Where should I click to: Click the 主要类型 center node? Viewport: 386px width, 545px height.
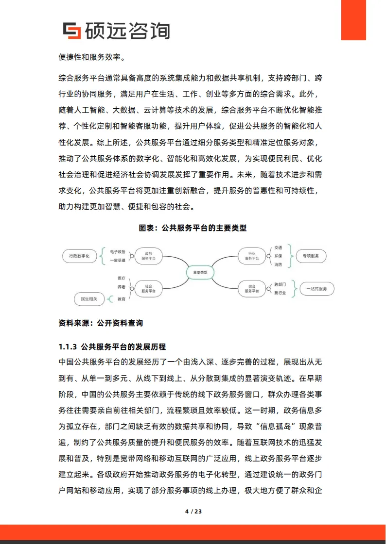(x=200, y=272)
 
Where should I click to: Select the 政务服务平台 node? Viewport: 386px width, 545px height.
(x=148, y=256)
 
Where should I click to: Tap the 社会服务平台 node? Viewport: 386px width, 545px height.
(x=148, y=289)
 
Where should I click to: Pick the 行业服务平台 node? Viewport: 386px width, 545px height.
(x=252, y=256)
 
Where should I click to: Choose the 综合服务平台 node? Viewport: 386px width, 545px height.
(x=252, y=289)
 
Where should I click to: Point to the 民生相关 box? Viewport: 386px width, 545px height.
(x=89, y=299)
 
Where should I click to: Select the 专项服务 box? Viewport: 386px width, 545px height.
(x=311, y=256)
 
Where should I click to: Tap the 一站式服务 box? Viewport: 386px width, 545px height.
(x=317, y=289)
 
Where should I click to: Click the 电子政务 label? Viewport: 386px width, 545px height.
(x=118, y=252)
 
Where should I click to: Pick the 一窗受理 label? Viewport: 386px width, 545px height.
(x=118, y=260)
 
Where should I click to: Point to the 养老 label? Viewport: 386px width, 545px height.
(x=122, y=287)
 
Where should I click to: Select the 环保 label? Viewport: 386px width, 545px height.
(x=278, y=256)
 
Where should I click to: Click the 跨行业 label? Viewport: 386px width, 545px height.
(x=280, y=293)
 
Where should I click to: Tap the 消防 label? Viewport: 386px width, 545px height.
(x=278, y=264)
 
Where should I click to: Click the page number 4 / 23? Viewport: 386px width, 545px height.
(x=193, y=512)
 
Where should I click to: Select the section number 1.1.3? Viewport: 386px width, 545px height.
(x=68, y=347)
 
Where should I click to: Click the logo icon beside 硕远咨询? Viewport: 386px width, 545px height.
(x=73, y=31)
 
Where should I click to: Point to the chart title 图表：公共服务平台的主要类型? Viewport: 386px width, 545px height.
(x=193, y=227)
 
